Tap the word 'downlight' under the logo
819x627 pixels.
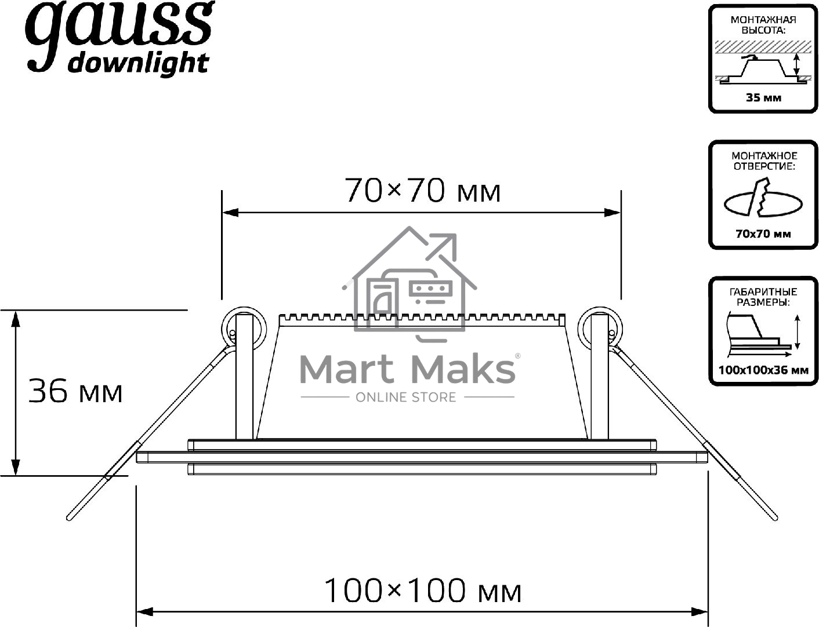[138, 64]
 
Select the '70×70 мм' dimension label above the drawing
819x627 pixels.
[422, 191]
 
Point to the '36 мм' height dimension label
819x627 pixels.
[75, 392]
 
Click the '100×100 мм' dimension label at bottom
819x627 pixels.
[423, 590]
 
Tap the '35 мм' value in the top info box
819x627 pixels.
[763, 98]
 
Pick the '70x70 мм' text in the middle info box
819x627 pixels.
[763, 234]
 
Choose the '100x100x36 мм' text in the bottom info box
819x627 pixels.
[763, 370]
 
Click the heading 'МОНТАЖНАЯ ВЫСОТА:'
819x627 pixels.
[763, 25]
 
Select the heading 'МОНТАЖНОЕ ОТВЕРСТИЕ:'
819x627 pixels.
[764, 161]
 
